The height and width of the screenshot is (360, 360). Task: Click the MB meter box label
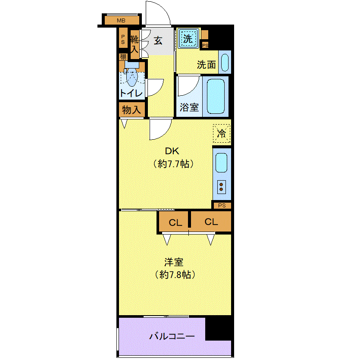click(121, 21)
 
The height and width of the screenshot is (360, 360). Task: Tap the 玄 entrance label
click(158, 41)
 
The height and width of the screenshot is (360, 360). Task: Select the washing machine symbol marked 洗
click(188, 38)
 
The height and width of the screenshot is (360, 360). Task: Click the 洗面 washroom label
click(206, 65)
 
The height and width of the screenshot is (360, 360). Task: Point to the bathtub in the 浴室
click(216, 97)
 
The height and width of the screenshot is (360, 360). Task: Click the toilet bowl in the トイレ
click(131, 77)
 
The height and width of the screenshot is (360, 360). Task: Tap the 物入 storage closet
click(131, 110)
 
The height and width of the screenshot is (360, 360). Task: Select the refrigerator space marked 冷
click(221, 133)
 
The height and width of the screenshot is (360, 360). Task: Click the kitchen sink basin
click(222, 163)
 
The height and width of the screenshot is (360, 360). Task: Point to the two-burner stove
click(221, 187)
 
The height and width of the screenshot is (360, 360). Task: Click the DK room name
click(172, 151)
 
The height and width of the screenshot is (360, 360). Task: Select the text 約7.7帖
click(173, 164)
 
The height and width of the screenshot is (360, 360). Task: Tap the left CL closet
click(174, 222)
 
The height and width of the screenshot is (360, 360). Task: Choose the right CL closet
click(211, 221)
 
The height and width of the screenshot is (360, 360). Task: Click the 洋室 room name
click(174, 262)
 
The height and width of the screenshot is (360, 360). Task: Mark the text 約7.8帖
click(175, 275)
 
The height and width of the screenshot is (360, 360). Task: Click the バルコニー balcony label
click(172, 337)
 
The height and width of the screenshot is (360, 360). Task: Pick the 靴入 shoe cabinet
click(135, 44)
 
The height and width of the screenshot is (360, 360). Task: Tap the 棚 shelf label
click(123, 57)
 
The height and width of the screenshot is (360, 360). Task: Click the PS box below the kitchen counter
click(222, 206)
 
